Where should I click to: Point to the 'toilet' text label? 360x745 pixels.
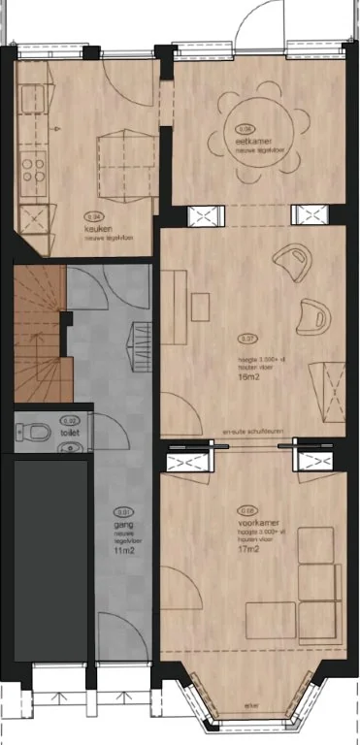pyautogui.click(x=69, y=433)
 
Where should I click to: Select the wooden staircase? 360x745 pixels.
pyautogui.click(x=38, y=330)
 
